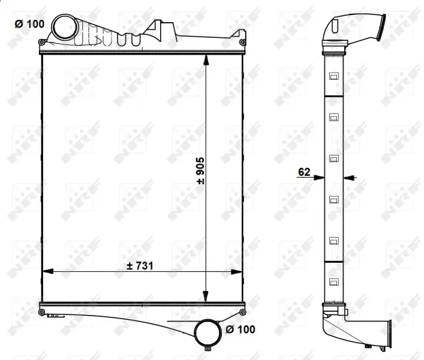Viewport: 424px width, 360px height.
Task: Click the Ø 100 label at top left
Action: click(29, 24)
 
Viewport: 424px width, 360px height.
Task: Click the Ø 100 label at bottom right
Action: click(240, 329)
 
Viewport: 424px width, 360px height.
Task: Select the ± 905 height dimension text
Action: click(200, 171)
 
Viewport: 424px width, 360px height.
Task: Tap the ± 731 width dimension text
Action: click(140, 266)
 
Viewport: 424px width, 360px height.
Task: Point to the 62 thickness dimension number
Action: click(304, 172)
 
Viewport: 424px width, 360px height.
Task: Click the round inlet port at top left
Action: click(65, 27)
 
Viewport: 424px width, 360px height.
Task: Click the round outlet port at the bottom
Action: click(208, 333)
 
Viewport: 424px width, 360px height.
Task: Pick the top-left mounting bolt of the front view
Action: click(41, 42)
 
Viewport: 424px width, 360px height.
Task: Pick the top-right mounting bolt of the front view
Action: click(242, 42)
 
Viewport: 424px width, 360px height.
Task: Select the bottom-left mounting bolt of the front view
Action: click(41, 312)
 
